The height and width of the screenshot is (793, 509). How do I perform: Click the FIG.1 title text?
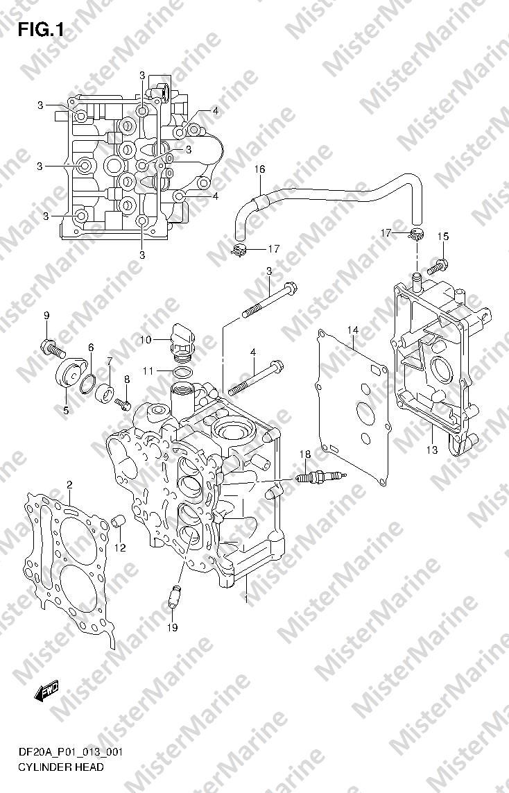[x=40, y=31]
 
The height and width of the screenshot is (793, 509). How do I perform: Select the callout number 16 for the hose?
[x=259, y=169]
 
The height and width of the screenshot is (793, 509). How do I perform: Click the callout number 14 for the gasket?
[x=353, y=330]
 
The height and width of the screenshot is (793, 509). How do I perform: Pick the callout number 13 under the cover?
[x=431, y=450]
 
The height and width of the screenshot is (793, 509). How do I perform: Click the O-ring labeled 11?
[x=182, y=373]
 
